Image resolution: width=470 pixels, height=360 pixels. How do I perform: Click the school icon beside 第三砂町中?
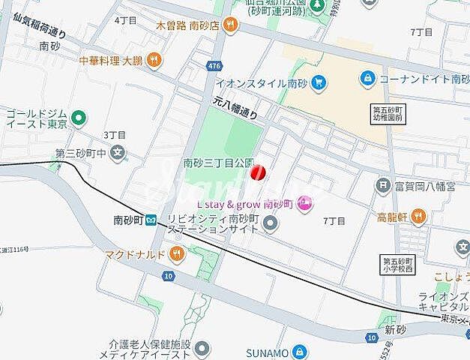point(117,154)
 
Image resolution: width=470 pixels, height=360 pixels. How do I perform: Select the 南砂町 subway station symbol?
point(151,221)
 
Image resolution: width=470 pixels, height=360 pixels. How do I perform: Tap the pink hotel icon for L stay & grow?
point(303,202)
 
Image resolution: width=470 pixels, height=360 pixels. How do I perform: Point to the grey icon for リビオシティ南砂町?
point(271,222)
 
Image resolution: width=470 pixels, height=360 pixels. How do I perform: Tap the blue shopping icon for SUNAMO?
point(299,352)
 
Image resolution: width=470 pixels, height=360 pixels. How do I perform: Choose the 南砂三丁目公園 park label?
point(220,162)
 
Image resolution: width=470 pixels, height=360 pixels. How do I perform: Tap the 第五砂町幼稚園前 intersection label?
point(388,114)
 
